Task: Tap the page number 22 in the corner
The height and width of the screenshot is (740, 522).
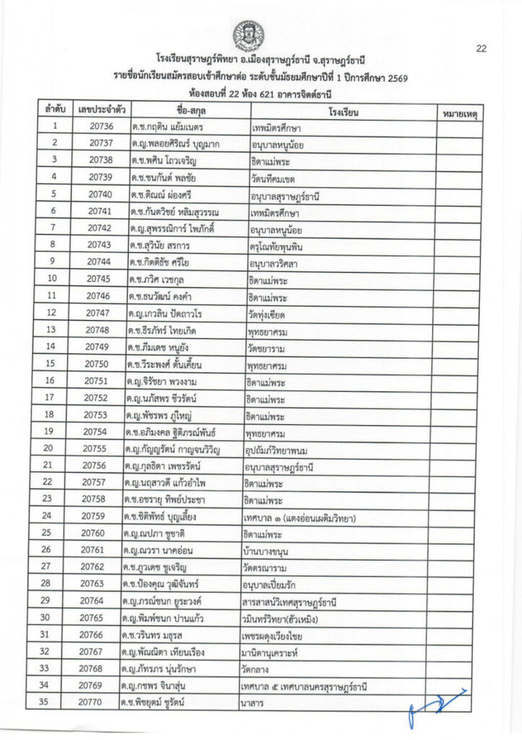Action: point(482,48)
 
